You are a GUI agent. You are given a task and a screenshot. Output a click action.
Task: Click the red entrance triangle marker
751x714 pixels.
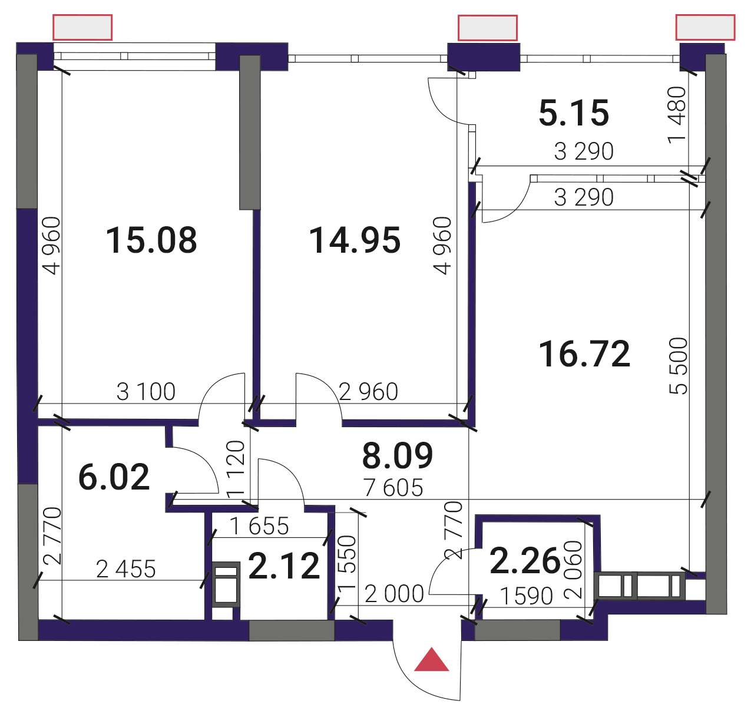pos(431,660)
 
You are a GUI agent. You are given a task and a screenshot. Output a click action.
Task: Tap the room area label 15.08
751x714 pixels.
pos(151,240)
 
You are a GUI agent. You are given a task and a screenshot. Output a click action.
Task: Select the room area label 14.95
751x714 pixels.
pos(355,240)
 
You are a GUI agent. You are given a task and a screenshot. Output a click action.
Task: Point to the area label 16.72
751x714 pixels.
pos(584,354)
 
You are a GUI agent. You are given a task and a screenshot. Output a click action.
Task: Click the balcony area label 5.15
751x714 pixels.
pos(573,113)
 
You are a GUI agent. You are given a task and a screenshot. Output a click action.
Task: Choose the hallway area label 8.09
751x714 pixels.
pos(397,455)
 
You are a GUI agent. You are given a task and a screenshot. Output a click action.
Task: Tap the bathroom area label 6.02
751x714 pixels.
pos(114,477)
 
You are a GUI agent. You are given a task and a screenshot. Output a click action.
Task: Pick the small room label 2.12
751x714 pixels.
pos(284,566)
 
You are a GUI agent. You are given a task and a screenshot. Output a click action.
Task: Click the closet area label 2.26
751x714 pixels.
pos(525,561)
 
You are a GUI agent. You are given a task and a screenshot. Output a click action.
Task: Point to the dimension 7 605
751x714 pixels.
pos(393,488)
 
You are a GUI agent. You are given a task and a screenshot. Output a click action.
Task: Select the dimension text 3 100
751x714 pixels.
pos(146,392)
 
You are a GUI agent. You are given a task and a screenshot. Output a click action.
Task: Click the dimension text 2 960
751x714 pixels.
pos(368,392)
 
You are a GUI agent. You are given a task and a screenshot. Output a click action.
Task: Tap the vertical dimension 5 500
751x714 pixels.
pos(679,366)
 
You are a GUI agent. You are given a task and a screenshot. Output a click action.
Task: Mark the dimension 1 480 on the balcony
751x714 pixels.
pos(677,115)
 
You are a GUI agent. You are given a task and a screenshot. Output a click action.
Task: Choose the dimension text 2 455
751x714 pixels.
pos(126,569)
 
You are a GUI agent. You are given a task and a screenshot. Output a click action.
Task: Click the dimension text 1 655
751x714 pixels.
pos(259,526)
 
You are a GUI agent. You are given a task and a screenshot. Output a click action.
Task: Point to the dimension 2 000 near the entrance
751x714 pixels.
pos(394,594)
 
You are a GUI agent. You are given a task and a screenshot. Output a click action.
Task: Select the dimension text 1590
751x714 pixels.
pos(527,596)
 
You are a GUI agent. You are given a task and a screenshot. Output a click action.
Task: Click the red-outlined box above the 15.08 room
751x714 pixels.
pos(82,27)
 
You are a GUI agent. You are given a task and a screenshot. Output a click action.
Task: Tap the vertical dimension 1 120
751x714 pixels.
pos(236,469)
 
